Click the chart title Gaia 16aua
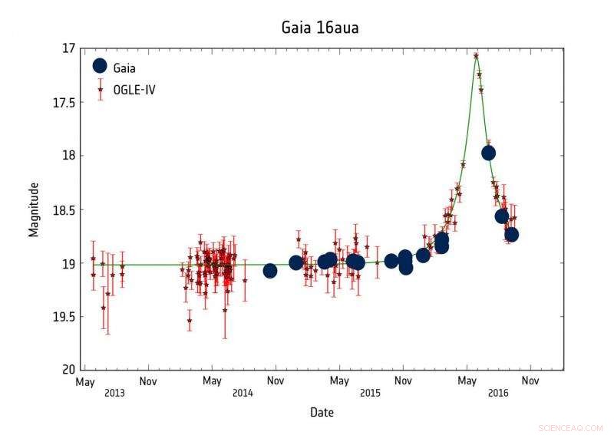tap(320, 28)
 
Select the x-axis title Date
tap(322, 413)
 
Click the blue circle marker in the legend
tap(100, 67)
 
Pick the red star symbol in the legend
tap(100, 90)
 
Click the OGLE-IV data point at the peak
tap(476, 56)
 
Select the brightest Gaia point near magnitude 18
tap(488, 153)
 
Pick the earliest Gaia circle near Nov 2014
tap(270, 271)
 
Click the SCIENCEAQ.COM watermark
tap(571, 428)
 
